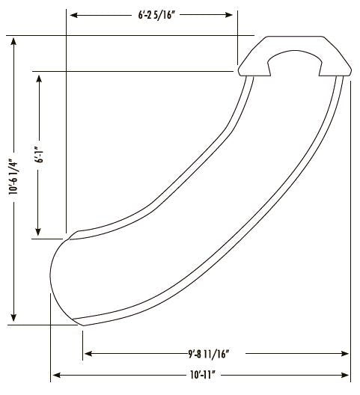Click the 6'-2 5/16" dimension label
pos(156,15)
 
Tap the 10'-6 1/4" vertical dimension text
pos(13,177)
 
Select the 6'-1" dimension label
pos(40,154)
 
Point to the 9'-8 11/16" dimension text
pos(208,354)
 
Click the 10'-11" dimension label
pos(203,376)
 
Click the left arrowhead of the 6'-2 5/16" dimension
pos(73,15)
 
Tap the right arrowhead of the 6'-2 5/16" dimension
pos(229,15)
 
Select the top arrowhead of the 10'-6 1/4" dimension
pos(13,42)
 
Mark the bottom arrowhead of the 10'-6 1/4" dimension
pos(13,318)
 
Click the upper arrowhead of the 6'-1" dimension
pos(39,79)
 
